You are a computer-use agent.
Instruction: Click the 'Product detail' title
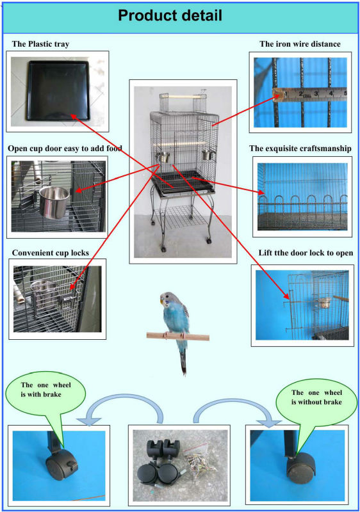pyautogui.click(x=170, y=15)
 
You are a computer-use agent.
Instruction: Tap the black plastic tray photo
pyautogui.click(x=58, y=92)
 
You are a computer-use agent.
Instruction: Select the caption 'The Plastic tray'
pyautogui.click(x=40, y=44)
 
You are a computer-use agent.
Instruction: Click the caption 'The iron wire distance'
pyautogui.click(x=300, y=44)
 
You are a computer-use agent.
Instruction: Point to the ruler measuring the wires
pyautogui.click(x=309, y=94)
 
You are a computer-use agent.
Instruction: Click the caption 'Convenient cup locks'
pyautogui.click(x=51, y=253)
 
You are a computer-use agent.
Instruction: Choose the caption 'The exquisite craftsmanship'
pyautogui.click(x=300, y=148)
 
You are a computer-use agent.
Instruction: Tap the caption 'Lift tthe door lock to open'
pyautogui.click(x=306, y=253)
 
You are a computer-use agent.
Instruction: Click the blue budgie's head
pyautogui.click(x=167, y=298)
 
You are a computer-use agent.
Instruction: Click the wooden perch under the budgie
pyautogui.click(x=177, y=337)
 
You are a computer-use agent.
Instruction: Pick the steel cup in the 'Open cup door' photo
pyautogui.click(x=54, y=202)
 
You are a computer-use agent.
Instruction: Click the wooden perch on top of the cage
pyautogui.click(x=183, y=97)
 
